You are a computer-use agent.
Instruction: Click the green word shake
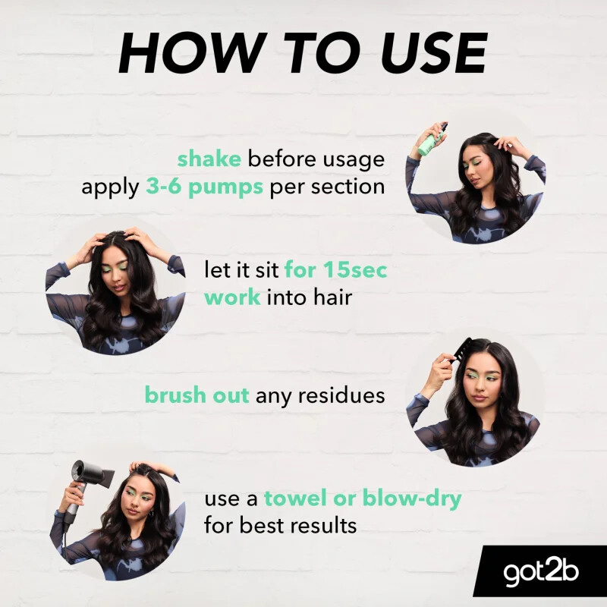tap(209, 159)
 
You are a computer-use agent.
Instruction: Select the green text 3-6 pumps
tap(204, 187)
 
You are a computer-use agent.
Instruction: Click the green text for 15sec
tap(335, 269)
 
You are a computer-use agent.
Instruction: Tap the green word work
tap(232, 297)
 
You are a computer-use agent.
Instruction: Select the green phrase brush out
tap(197, 395)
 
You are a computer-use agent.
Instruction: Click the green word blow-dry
tap(412, 498)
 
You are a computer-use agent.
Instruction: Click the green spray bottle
tap(432, 140)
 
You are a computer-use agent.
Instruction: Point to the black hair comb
tap(461, 349)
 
